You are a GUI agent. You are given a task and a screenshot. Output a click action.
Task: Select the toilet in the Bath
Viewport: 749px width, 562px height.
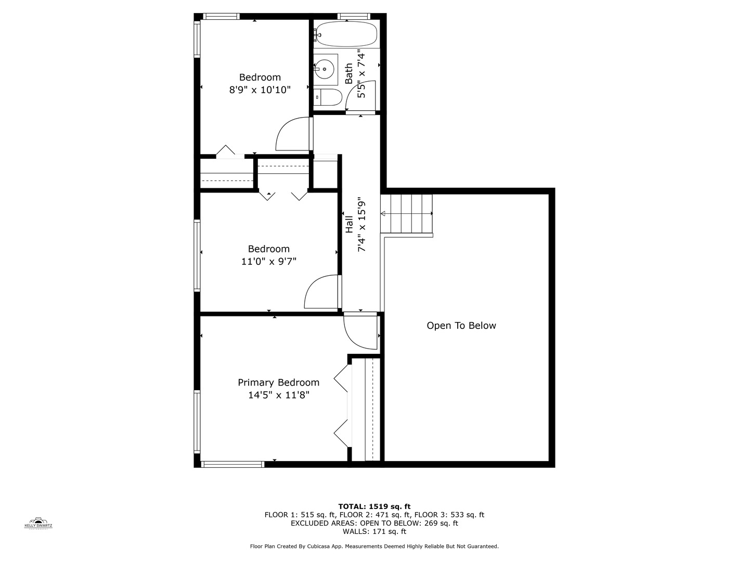[x=328, y=97]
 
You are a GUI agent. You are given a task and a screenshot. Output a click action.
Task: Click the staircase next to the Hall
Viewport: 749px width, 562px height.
[x=407, y=214]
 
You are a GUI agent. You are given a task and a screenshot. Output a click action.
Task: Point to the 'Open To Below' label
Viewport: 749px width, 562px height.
[x=461, y=326]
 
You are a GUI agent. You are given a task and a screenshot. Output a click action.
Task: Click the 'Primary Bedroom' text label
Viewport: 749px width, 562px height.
[x=278, y=382]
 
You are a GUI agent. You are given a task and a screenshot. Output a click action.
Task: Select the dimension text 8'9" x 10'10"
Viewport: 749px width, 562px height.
[x=260, y=90]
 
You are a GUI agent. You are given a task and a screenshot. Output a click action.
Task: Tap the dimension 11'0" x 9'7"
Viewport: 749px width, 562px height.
[x=268, y=262]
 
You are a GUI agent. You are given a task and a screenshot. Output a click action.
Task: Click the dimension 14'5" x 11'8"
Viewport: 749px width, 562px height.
[x=278, y=395]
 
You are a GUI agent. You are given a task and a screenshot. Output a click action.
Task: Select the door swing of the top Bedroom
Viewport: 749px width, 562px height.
[x=293, y=134]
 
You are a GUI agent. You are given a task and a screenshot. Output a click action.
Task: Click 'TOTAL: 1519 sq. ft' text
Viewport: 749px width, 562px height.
[x=374, y=506]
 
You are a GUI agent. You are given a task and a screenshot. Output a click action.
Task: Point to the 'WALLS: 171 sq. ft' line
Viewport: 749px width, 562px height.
[x=374, y=531]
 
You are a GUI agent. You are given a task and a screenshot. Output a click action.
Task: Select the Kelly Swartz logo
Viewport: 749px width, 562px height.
[x=38, y=522]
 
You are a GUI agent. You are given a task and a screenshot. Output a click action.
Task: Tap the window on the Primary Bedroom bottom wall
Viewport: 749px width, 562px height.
[x=233, y=464]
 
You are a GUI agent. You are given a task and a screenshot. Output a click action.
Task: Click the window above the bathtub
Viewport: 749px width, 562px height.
[x=354, y=16]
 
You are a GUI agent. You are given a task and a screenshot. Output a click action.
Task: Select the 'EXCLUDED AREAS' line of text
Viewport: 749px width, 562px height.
[x=374, y=523]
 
